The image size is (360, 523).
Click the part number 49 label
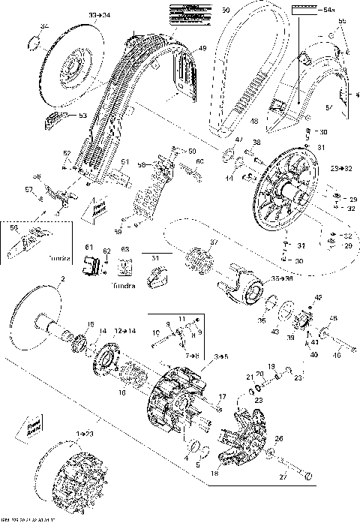[x=202, y=49]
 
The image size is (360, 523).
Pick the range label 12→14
[x=124, y=331]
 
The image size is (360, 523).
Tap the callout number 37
[x=213, y=242]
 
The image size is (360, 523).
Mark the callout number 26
[x=279, y=439]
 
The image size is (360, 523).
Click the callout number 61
[x=88, y=247]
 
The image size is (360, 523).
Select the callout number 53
[x=83, y=115]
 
